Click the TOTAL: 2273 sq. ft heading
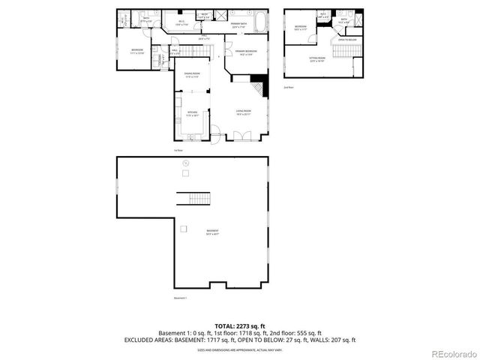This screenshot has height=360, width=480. [240, 326]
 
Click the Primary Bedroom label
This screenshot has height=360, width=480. [246, 52]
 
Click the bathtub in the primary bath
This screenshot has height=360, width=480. [260, 22]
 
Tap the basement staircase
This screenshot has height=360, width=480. [194, 199]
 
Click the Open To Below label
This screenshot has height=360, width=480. [345, 40]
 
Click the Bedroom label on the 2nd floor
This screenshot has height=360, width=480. [300, 28]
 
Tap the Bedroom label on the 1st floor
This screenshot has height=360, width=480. [137, 52]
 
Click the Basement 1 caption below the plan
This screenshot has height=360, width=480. [180, 298]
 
